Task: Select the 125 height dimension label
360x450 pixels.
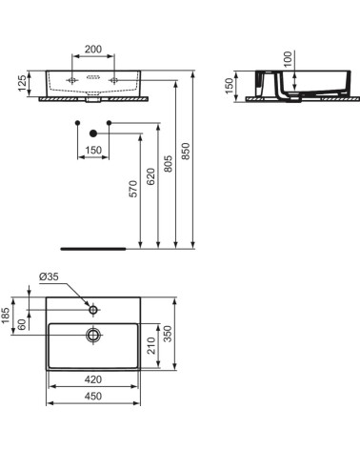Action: click(x=18, y=83)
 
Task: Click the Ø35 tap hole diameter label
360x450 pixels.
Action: click(x=50, y=276)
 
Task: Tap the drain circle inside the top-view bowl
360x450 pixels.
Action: click(x=93, y=335)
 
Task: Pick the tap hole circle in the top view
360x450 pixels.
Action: click(x=93, y=310)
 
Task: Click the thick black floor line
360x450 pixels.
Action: click(x=92, y=246)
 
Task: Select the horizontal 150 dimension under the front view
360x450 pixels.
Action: click(x=92, y=150)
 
